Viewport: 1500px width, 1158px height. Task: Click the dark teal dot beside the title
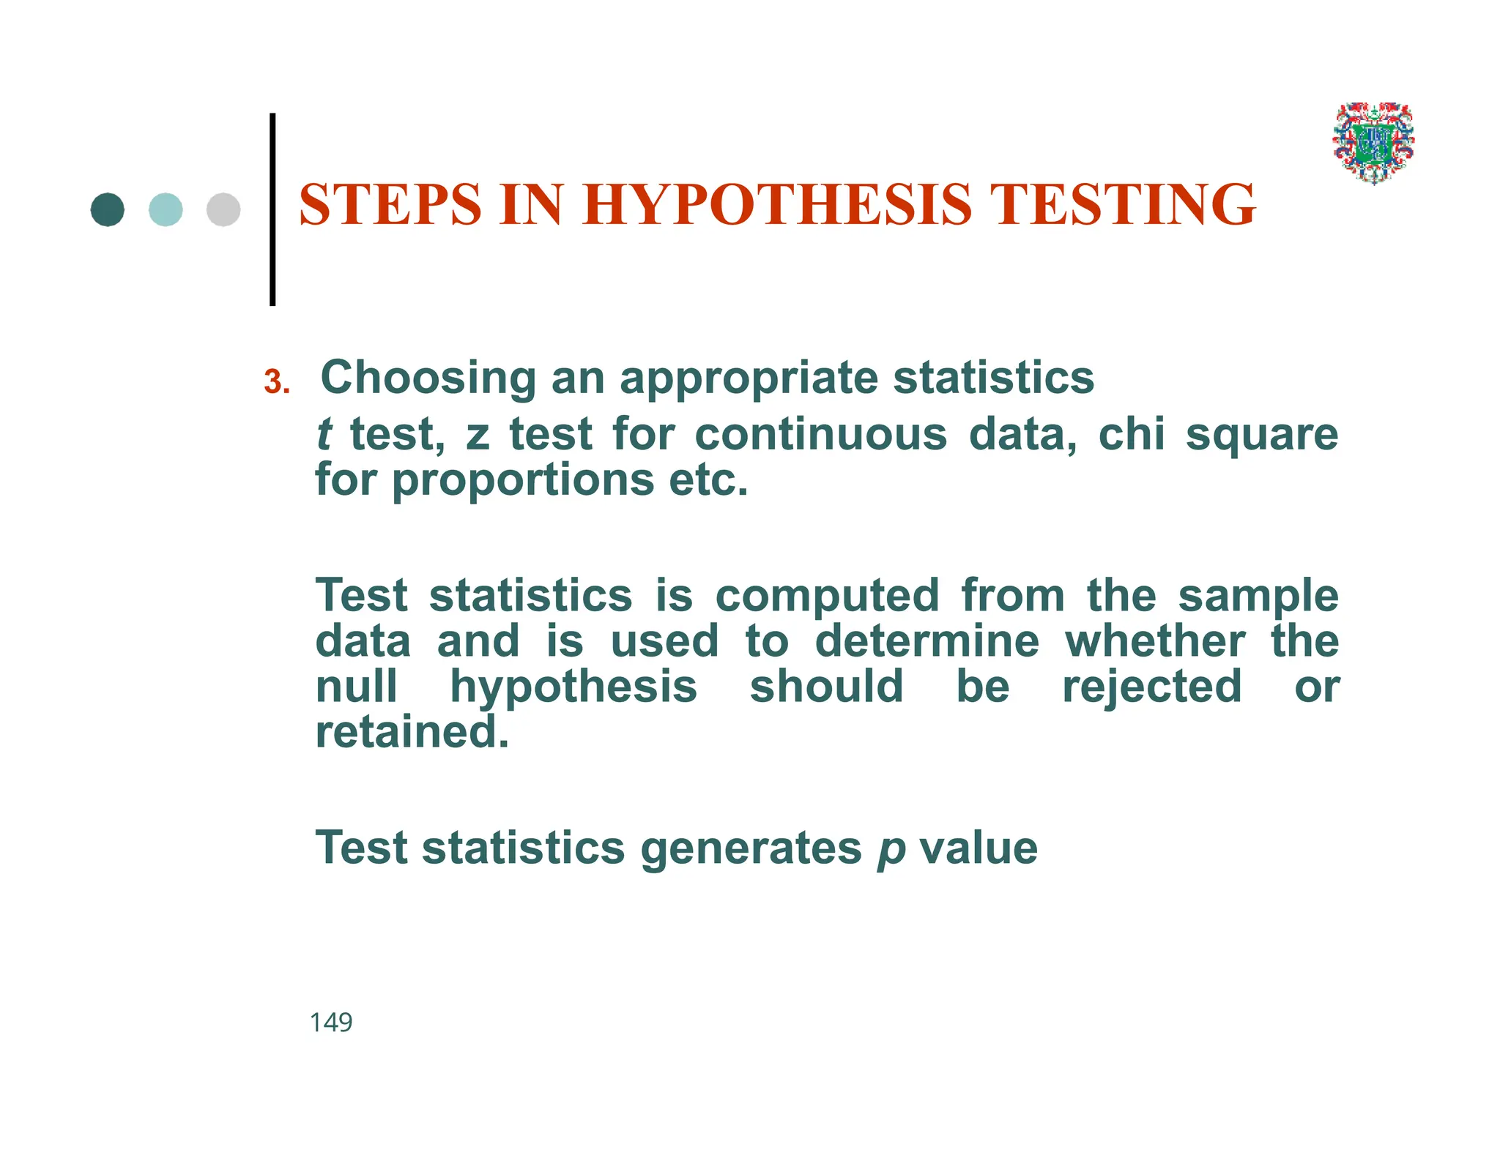tap(107, 209)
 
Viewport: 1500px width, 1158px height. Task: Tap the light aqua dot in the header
tap(166, 209)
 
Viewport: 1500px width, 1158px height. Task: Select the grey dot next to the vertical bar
tap(223, 209)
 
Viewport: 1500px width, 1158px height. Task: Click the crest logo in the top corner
tap(1373, 143)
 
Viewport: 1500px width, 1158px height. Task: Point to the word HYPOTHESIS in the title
tap(777, 204)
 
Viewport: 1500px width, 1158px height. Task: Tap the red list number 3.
tap(276, 382)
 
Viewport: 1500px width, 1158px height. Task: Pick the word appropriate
tap(749, 378)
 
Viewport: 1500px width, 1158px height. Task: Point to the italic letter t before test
tap(324, 434)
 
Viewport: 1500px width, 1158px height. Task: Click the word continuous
tap(820, 434)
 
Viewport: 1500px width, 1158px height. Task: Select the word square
tap(1261, 436)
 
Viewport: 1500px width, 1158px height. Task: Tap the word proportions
tap(523, 481)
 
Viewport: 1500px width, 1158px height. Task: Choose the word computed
tap(827, 596)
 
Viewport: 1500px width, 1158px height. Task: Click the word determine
tap(927, 641)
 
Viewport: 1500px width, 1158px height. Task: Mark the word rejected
tap(1151, 687)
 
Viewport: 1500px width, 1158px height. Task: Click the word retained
tap(412, 732)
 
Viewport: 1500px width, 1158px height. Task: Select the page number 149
tap(331, 1022)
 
